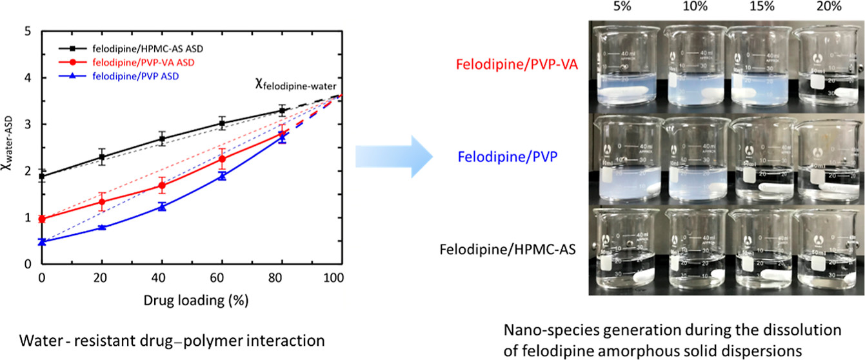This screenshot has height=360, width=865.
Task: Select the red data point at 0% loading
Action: (42, 219)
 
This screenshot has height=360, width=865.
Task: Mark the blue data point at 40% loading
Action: (162, 206)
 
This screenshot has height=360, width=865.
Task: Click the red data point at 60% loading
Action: (222, 159)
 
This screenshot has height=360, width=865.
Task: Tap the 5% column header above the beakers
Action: (621, 7)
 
